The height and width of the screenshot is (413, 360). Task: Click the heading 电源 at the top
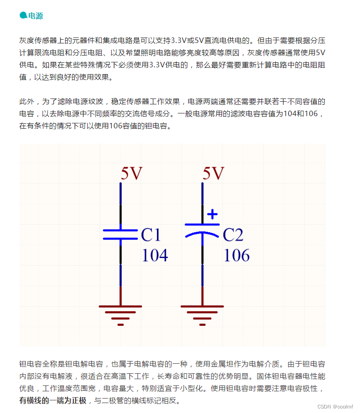pyautogui.click(x=36, y=16)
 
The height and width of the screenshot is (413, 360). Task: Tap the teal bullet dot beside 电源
pyautogui.click(x=23, y=15)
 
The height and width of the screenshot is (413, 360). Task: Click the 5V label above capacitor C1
pyautogui.click(x=132, y=174)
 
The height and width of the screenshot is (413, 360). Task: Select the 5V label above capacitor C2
pyautogui.click(x=213, y=174)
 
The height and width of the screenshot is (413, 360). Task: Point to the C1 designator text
pyautogui.click(x=151, y=235)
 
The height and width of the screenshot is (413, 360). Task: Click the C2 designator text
pyautogui.click(x=233, y=235)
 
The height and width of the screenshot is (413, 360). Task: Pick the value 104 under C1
pyautogui.click(x=155, y=256)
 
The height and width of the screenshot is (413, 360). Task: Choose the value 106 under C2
pyautogui.click(x=237, y=256)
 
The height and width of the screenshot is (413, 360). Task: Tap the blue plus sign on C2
pyautogui.click(x=212, y=214)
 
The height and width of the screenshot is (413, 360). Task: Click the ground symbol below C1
pyautogui.click(x=120, y=314)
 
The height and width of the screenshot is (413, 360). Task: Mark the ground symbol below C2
pyautogui.click(x=202, y=314)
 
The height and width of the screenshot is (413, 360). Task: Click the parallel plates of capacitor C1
pyautogui.click(x=120, y=235)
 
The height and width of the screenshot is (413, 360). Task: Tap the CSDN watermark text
pyautogui.click(x=335, y=407)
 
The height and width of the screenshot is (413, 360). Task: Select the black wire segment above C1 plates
pyautogui.click(x=120, y=214)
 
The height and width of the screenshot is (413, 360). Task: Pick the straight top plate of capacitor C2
pyautogui.click(x=202, y=224)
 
